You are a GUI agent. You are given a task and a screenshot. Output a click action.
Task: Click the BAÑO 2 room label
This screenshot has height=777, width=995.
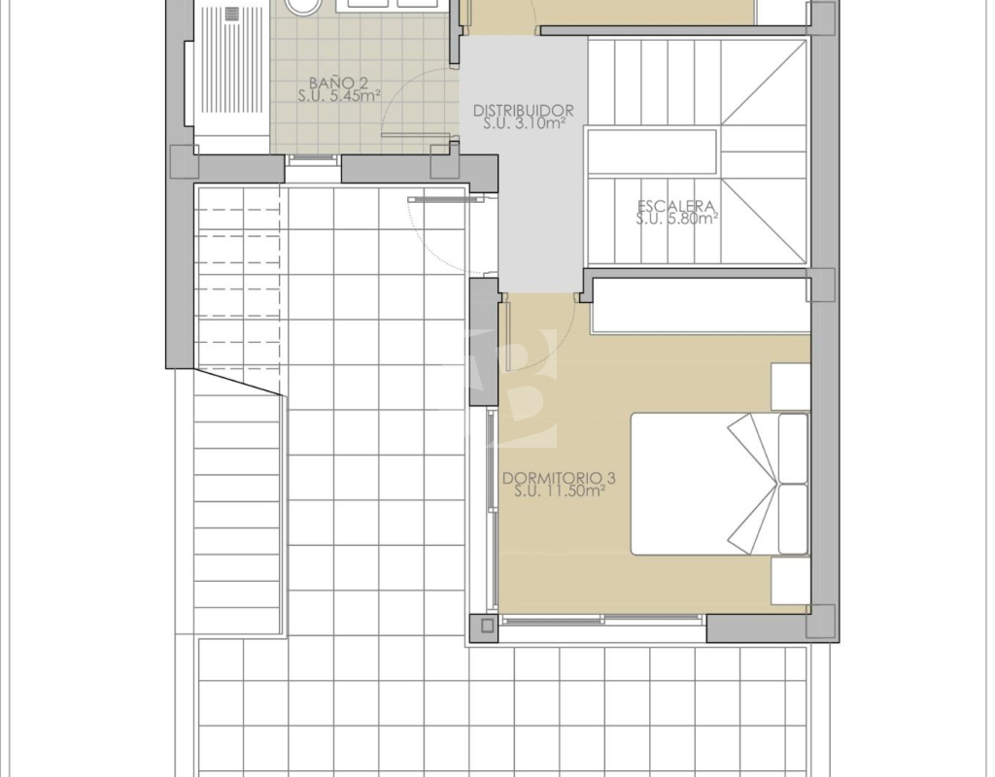point(339,83)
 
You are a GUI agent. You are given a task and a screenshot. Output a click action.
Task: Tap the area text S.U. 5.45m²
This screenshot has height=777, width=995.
point(339,96)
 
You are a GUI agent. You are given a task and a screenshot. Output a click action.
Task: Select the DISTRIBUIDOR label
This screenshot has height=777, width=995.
point(524,111)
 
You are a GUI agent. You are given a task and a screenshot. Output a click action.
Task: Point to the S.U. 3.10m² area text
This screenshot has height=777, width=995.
point(524,123)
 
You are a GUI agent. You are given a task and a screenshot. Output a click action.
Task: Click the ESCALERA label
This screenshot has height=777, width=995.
point(676,206)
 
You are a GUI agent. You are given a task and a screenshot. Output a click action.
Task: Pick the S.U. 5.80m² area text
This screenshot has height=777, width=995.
point(676,219)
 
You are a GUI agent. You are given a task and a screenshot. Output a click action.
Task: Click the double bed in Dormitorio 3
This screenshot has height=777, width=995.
point(720,484)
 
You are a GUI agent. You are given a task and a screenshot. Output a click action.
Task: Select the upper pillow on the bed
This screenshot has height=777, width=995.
point(793,448)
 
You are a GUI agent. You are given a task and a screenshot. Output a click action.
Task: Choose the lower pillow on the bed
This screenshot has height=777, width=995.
point(793,520)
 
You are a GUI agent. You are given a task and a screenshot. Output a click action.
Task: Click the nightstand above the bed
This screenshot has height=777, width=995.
point(791,387)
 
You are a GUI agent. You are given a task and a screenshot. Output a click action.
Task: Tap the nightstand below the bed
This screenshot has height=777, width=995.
point(791,581)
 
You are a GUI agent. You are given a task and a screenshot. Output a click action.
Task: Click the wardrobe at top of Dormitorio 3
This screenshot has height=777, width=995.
point(702,306)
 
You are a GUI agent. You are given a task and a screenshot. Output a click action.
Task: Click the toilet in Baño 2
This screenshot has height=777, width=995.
point(302,7)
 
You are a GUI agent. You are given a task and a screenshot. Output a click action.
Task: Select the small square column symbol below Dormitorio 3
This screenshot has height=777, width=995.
point(487,626)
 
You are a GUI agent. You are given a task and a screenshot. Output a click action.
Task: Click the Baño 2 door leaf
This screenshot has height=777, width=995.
point(416,135)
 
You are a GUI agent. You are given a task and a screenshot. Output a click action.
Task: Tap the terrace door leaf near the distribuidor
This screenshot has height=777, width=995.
point(445,199)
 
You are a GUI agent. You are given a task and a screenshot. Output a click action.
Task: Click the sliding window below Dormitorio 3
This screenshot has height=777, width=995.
point(602,619)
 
